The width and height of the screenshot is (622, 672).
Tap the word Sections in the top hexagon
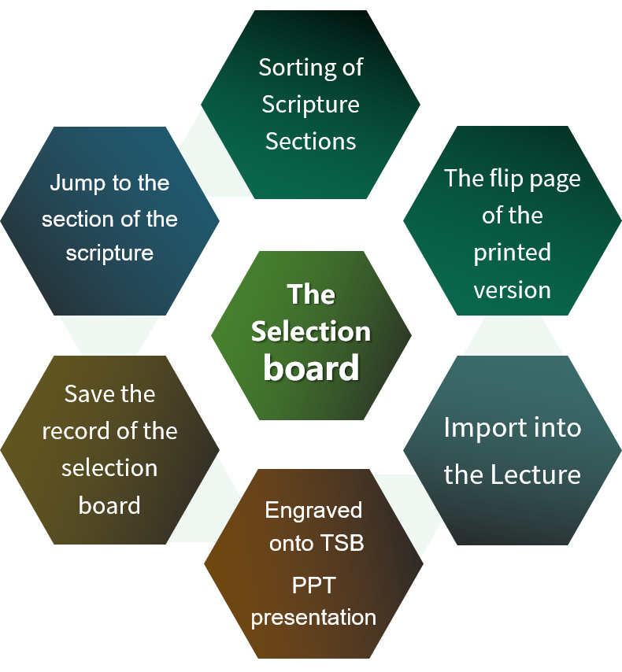[x=310, y=142]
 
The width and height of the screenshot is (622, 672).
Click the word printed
[x=512, y=253]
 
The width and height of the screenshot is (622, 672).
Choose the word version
[x=512, y=290]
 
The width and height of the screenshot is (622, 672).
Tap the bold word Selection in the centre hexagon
[x=311, y=331]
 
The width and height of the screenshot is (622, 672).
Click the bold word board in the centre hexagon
[x=311, y=368]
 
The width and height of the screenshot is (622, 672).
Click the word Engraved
[x=313, y=510]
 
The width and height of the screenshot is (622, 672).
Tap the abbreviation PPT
[x=313, y=586]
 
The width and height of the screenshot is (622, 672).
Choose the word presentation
[x=313, y=617]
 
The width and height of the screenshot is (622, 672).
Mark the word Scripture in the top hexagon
[x=310, y=105]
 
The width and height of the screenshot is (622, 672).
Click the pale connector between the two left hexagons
[x=109, y=335]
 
